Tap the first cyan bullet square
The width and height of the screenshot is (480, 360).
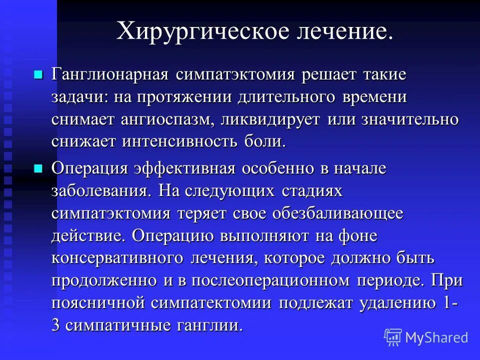point(38,75)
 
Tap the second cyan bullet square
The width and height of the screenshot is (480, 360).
point(38,168)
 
